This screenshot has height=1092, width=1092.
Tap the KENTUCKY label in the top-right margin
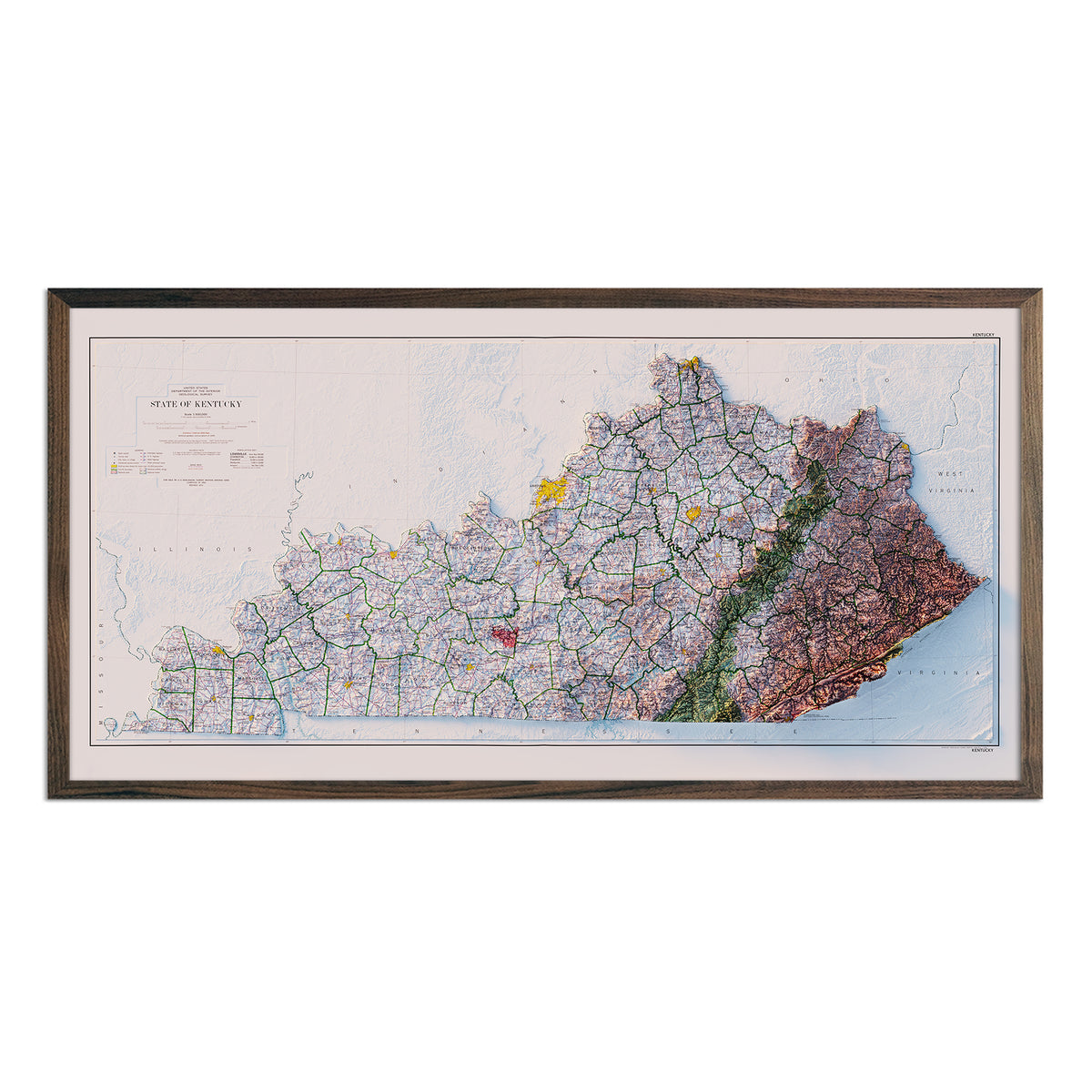(x=984, y=334)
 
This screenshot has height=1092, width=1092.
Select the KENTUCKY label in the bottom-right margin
(x=984, y=750)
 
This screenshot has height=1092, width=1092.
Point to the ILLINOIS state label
(x=192, y=550)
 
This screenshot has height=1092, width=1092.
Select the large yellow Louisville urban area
(x=551, y=490)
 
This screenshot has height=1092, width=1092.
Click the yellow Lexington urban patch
(x=694, y=513)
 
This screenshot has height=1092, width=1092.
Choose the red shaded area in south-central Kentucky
(x=504, y=634)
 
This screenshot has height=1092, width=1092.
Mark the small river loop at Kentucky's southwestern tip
(x=111, y=725)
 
